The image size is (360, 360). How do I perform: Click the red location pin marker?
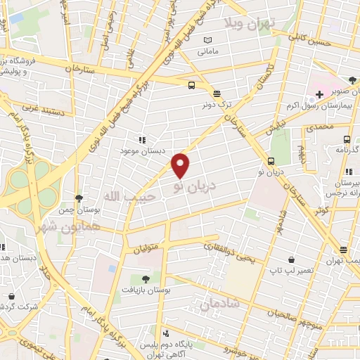click(181, 165)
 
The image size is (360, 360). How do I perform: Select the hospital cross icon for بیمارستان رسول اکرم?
click(319, 94)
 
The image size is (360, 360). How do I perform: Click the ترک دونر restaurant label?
click(217, 105)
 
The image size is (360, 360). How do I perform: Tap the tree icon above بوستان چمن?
click(79, 198)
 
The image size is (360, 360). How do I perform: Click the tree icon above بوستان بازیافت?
click(146, 279)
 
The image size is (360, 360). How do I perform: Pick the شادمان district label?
click(219, 304)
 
